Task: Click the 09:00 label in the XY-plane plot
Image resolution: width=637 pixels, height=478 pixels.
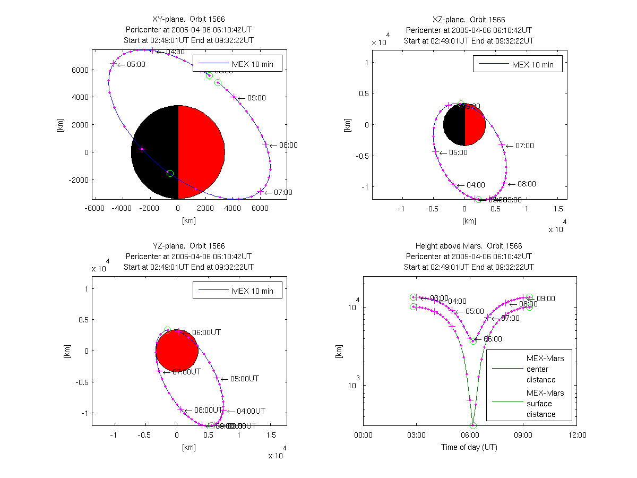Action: tap(257, 98)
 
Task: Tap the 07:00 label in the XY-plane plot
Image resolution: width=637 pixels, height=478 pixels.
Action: tap(282, 192)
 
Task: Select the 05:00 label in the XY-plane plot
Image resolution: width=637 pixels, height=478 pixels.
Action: tap(136, 65)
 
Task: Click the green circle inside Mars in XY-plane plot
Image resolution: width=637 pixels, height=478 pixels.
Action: tap(170, 174)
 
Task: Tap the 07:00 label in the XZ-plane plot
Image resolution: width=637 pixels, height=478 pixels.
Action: tap(524, 146)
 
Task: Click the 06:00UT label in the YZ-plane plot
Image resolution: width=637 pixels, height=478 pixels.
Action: tap(206, 332)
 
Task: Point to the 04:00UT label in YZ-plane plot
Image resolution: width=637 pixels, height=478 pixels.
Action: tap(251, 411)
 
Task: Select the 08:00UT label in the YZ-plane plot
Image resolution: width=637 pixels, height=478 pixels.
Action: tap(208, 411)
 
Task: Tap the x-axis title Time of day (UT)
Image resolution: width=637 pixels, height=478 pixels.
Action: tap(469, 447)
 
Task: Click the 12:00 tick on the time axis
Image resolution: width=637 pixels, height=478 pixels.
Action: tap(577, 435)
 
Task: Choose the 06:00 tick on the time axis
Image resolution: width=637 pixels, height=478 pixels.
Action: tap(470, 435)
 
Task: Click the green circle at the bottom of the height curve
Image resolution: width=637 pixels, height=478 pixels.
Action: tap(473, 425)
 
